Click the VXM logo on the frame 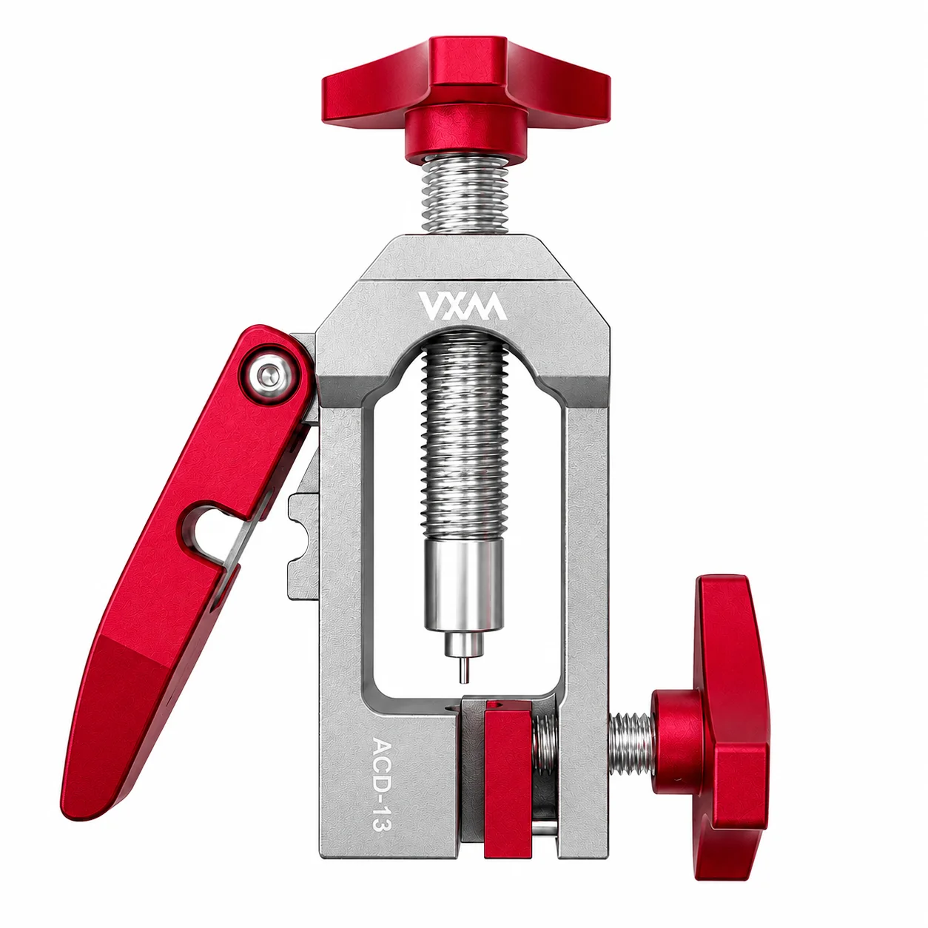click(461, 306)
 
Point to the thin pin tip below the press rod click(464, 670)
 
